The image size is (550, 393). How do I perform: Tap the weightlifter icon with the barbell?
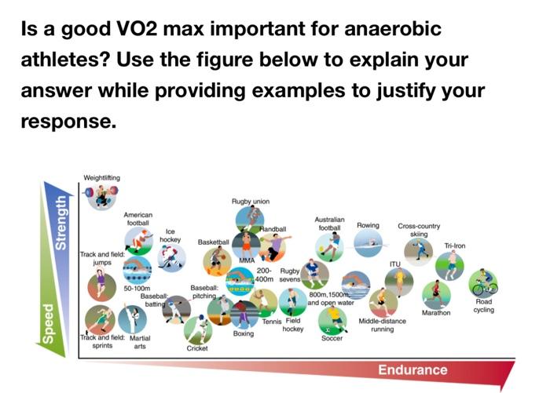101,196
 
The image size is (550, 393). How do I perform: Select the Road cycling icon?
483,282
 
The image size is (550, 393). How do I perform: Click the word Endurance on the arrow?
413,369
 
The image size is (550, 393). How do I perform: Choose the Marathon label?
436,313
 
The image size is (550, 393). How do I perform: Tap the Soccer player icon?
332,319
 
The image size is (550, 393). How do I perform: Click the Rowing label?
368,225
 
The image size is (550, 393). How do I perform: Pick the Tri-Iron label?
455,246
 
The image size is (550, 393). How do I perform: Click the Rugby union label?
251,202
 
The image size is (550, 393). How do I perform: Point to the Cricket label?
196,348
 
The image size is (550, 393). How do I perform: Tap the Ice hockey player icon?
170,256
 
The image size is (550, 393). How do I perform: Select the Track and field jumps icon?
100,285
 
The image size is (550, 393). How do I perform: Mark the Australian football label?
329,224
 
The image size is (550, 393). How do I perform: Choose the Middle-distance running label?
382,325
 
